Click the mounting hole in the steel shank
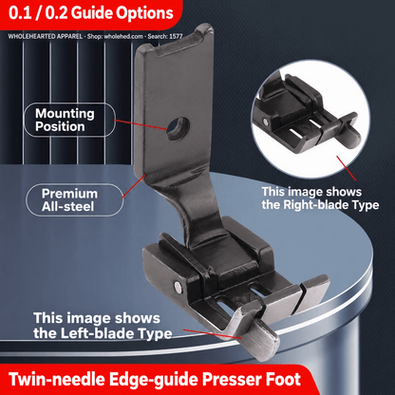pyautogui.click(x=178, y=129)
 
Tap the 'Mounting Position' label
pyautogui.click(x=65, y=120)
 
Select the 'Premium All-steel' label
pyautogui.click(x=69, y=200)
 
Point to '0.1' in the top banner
pyautogui.click(x=19, y=13)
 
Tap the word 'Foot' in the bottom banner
pyautogui.click(x=283, y=379)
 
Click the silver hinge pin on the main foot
pyautogui.click(x=179, y=287)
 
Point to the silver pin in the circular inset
pyautogui.click(x=265, y=121)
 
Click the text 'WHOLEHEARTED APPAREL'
pyautogui.click(x=46, y=36)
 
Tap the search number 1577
pyautogui.click(x=176, y=36)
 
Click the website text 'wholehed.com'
pyautogui.click(x=123, y=36)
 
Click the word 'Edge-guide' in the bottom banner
pyautogui.click(x=153, y=379)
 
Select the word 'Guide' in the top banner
pyautogui.click(x=91, y=13)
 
